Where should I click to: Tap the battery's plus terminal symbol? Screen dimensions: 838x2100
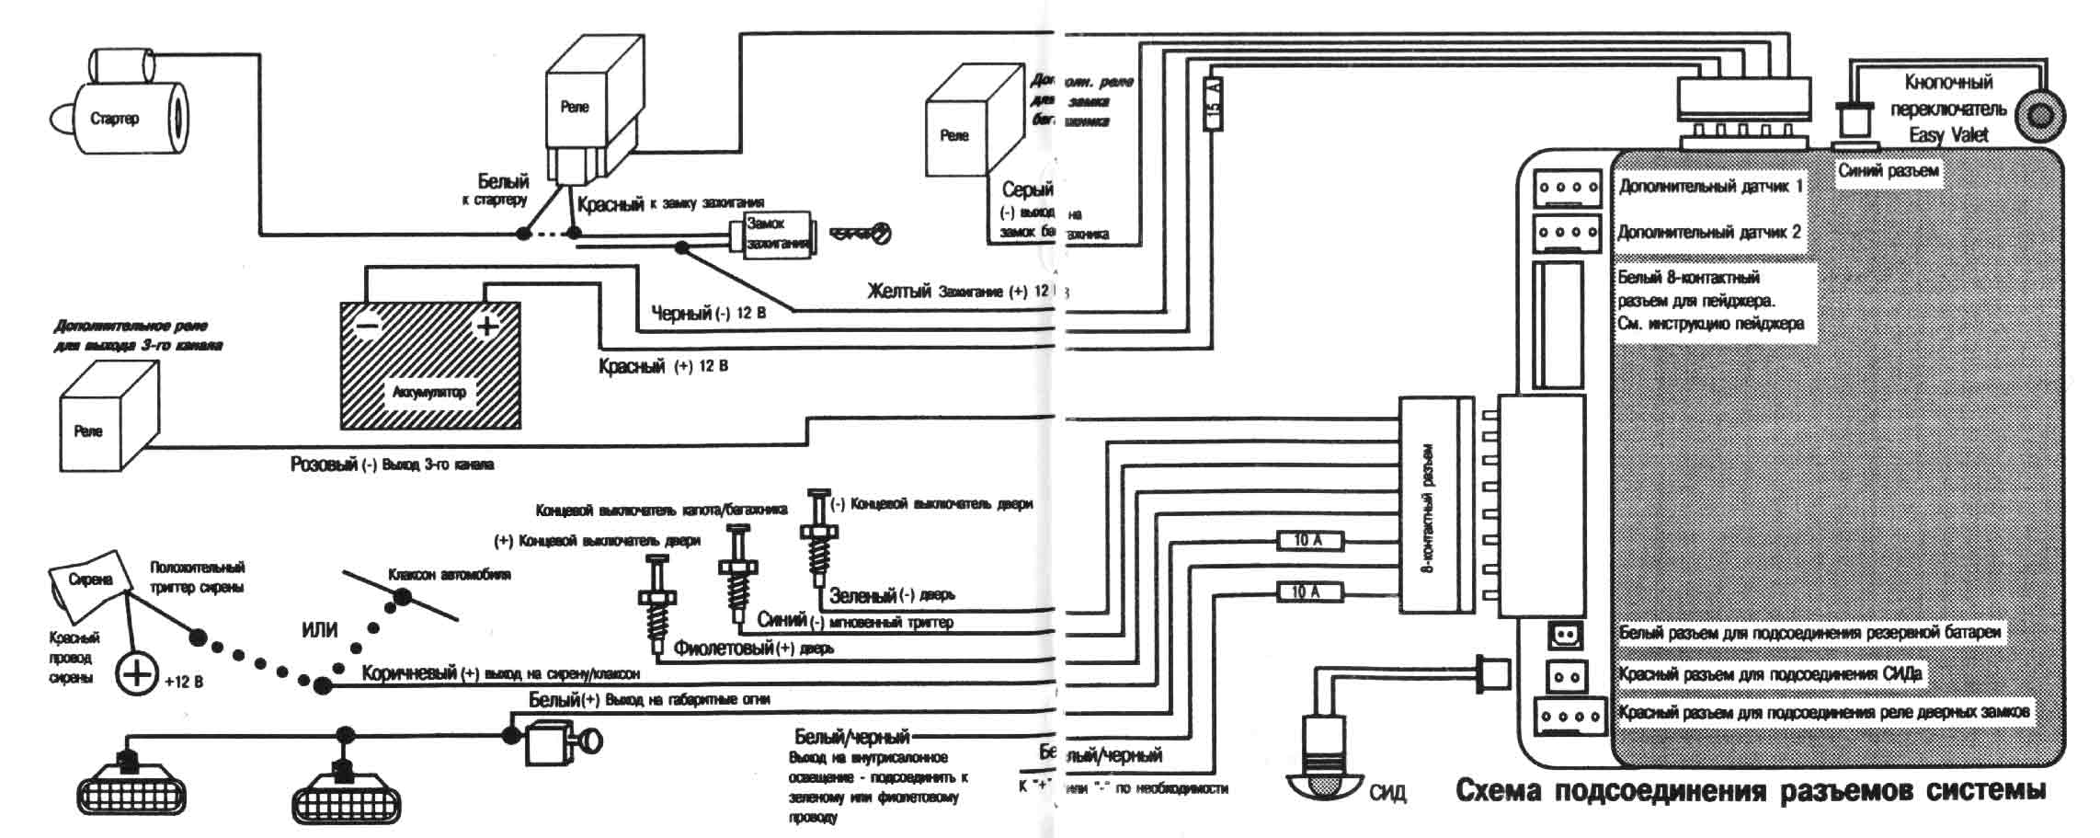click(486, 326)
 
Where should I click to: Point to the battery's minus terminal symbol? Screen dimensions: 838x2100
click(367, 327)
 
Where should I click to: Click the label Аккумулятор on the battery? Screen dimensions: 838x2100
click(429, 393)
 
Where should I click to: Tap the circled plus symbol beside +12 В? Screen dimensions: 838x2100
click(137, 674)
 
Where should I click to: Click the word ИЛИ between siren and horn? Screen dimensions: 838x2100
click(319, 631)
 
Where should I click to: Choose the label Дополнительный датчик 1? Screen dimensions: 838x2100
click(1710, 187)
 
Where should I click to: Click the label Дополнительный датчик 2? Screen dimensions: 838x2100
click(1709, 233)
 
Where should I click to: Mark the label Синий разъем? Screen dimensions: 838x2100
click(1888, 171)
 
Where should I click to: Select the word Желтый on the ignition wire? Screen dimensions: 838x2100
click(899, 292)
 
